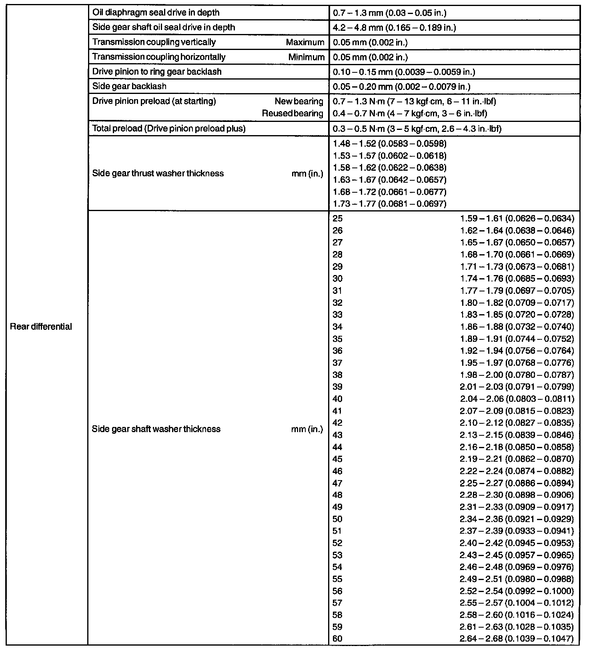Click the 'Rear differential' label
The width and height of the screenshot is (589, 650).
pyautogui.click(x=41, y=327)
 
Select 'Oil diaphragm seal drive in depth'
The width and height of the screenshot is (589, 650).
pyautogui.click(x=156, y=12)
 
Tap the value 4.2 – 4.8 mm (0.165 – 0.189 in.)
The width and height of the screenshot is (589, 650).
pyautogui.click(x=395, y=28)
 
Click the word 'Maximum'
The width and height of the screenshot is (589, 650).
pyautogui.click(x=305, y=42)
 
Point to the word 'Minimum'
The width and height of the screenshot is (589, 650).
pyautogui.click(x=306, y=57)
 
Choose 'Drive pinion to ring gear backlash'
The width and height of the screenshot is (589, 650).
pyautogui.click(x=157, y=72)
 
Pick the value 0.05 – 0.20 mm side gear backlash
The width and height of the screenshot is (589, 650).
pyautogui.click(x=401, y=86)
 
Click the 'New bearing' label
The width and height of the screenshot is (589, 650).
pyautogui.click(x=299, y=101)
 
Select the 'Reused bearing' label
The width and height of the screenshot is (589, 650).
pyautogui.click(x=292, y=114)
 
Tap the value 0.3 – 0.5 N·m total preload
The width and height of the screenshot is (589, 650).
pyautogui.click(x=417, y=128)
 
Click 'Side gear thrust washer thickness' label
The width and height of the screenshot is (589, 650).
pyautogui.click(x=158, y=173)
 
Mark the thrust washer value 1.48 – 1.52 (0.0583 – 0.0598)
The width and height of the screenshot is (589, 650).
pyautogui.click(x=389, y=143)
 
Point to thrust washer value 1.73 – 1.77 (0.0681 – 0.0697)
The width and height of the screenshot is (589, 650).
pyautogui.click(x=389, y=204)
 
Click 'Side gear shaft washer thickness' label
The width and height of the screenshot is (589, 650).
pyautogui.click(x=156, y=429)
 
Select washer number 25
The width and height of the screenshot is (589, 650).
pyautogui.click(x=337, y=218)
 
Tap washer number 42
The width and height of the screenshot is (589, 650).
pyautogui.click(x=337, y=423)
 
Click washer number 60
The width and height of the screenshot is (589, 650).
pyautogui.click(x=337, y=639)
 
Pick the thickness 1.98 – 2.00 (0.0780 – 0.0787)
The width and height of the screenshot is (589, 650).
pyautogui.click(x=517, y=375)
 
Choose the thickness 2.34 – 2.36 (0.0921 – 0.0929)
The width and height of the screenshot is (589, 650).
pyautogui.click(x=517, y=519)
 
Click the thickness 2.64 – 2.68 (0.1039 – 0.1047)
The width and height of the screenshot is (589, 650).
pyautogui.click(x=517, y=639)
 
